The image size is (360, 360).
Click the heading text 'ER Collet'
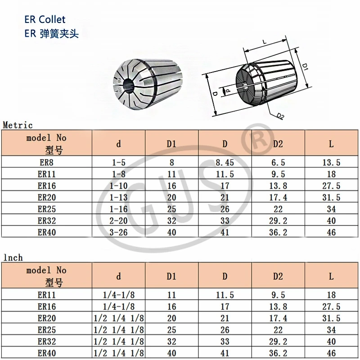tap(45, 19)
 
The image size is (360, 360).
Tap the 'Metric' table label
tap(18, 125)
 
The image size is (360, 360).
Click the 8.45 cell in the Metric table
tap(225, 162)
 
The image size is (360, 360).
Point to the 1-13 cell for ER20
tap(119, 198)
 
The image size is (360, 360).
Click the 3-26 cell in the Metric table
tap(119, 233)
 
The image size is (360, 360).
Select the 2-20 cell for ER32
tap(119, 221)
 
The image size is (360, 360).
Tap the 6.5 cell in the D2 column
tap(279, 162)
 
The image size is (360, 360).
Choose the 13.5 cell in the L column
tap(331, 162)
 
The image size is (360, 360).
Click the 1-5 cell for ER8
tap(119, 162)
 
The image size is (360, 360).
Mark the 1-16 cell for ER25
tap(119, 209)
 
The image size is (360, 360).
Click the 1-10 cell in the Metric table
tap(119, 186)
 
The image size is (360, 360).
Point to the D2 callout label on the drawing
tap(280, 117)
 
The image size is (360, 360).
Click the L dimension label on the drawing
tap(264, 42)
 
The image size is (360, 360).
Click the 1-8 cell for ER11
tap(119, 174)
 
